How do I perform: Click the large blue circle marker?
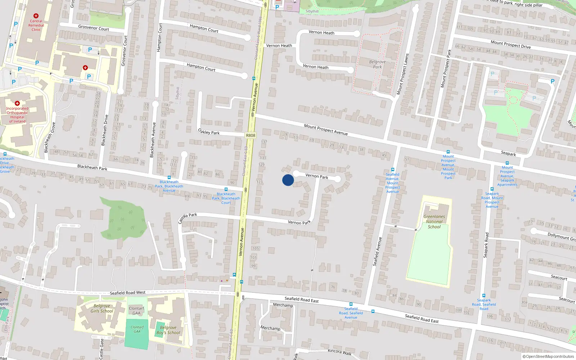point(288,180)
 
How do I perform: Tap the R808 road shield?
point(251,135)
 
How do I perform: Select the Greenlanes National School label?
point(434,222)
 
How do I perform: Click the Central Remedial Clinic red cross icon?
point(36,16)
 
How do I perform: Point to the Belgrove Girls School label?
point(102,309)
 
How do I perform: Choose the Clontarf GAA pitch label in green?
point(137,329)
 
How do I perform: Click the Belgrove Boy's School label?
point(168,330)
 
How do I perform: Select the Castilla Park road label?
point(188,217)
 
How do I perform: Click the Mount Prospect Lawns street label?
point(403,74)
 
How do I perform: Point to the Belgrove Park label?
point(377,64)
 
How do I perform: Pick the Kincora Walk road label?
point(339,352)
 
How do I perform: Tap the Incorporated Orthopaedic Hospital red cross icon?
point(17,103)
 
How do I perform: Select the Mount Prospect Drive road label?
point(510,44)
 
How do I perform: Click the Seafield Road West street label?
point(127,293)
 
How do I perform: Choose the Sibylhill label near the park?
point(312,11)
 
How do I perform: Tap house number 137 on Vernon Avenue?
point(264,142)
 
